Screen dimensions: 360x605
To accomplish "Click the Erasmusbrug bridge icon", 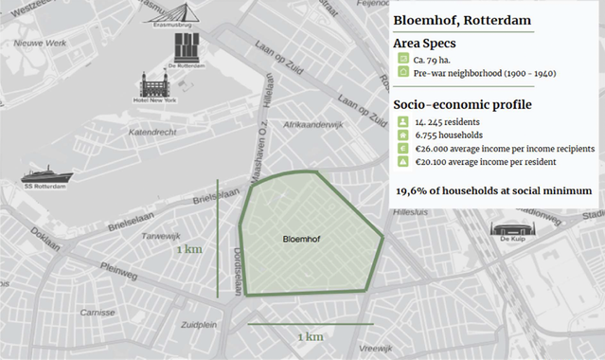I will (x=166, y=11).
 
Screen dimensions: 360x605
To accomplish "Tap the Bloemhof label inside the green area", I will (x=304, y=240).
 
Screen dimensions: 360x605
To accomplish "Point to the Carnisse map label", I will (x=97, y=312).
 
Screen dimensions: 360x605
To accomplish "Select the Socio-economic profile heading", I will (x=462, y=103).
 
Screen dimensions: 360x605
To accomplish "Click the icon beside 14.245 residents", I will (x=403, y=122).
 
